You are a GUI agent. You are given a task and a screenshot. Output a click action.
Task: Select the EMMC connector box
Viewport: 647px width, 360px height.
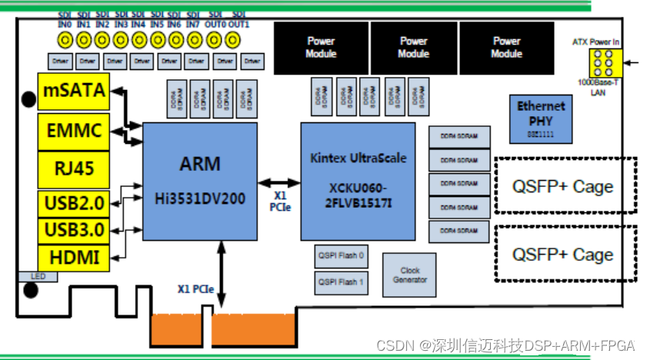(x=73, y=132)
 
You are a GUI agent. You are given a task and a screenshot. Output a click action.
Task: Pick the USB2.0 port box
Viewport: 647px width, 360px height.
(x=73, y=204)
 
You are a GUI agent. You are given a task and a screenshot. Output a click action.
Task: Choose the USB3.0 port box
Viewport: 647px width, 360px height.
(x=73, y=231)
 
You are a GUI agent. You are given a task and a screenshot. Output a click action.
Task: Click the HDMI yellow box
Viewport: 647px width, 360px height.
(x=73, y=258)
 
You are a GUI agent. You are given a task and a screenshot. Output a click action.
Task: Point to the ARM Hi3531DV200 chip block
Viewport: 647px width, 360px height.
(x=200, y=181)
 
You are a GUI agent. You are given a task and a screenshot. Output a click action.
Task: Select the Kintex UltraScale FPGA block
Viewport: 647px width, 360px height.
(x=358, y=181)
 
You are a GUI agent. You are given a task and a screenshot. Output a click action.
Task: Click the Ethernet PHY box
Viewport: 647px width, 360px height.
(x=541, y=118)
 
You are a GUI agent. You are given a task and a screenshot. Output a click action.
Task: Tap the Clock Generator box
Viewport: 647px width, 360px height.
(x=410, y=275)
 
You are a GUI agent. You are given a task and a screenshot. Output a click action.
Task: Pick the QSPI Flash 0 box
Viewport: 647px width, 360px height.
(x=341, y=256)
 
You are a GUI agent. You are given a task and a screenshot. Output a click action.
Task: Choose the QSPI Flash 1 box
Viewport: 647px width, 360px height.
(x=341, y=282)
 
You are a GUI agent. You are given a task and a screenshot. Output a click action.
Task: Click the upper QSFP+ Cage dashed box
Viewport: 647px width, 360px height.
(x=564, y=185)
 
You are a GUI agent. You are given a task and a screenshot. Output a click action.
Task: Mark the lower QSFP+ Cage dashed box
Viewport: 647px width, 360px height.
(x=564, y=254)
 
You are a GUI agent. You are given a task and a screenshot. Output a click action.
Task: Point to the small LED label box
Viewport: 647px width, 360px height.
(x=34, y=275)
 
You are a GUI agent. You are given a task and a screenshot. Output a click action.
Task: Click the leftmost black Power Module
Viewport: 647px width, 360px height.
(x=321, y=47)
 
